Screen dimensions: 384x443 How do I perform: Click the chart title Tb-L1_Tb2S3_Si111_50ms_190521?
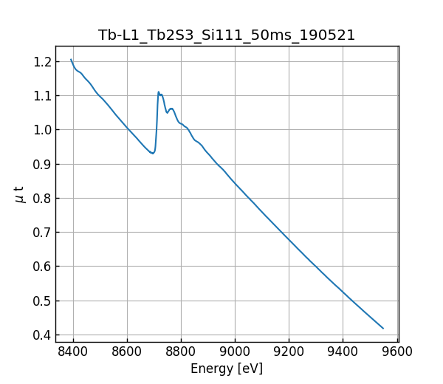[x=227, y=35]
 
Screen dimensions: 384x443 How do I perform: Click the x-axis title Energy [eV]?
[x=227, y=368]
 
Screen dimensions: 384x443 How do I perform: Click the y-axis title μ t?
[x=20, y=194]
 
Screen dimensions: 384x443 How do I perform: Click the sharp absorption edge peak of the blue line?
[x=158, y=92]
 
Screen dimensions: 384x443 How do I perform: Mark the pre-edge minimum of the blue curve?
[x=152, y=154]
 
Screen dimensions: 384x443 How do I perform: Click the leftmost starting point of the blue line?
[x=71, y=60]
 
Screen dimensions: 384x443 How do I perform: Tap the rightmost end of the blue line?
[x=383, y=328]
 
